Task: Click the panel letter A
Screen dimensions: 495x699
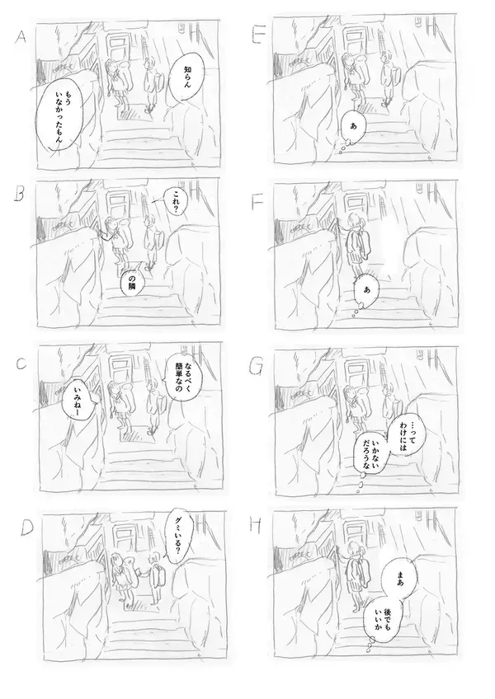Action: [21, 37]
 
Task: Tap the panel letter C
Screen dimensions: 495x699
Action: [21, 364]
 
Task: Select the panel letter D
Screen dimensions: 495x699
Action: [27, 528]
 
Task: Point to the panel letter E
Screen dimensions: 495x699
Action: [257, 36]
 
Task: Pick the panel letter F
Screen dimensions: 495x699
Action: [257, 204]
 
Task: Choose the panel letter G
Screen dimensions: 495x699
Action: [257, 367]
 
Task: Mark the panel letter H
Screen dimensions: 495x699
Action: [255, 527]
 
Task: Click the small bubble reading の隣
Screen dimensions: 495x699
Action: [133, 284]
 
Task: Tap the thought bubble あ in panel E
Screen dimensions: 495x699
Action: [353, 127]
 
